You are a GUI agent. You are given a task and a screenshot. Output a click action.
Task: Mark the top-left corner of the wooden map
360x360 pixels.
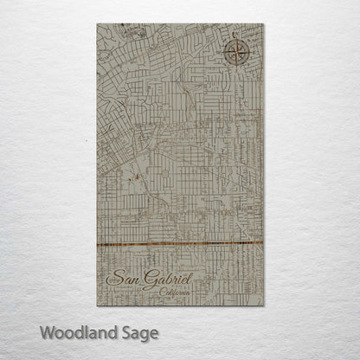98,24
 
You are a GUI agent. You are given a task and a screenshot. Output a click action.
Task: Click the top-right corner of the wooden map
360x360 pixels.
262,24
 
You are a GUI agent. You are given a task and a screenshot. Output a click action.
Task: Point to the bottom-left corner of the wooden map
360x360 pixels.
98,305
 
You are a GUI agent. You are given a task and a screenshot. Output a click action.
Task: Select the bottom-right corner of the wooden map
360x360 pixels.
262,305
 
